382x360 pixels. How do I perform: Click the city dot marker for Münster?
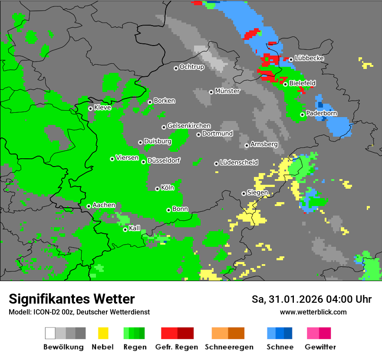click(211, 92)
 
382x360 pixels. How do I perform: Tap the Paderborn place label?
click(321, 114)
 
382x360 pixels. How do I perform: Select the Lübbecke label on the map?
click(309, 58)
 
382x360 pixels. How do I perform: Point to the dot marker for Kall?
click(125, 229)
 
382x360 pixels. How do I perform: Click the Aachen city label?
click(104, 205)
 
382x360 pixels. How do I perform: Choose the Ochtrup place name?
click(191, 67)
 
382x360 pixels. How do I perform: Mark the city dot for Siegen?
click(244, 193)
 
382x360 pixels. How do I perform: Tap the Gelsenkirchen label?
click(189, 126)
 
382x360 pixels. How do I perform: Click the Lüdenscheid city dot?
click(216, 164)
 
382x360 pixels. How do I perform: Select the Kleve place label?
click(102, 108)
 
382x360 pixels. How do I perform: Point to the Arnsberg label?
click(264, 144)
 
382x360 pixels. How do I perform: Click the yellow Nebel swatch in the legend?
click(103, 333)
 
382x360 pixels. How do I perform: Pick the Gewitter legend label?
click(320, 347)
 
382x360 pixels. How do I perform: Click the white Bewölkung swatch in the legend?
click(50, 333)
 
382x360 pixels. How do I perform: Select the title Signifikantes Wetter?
click(72, 299)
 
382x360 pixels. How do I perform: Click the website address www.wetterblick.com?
click(313, 312)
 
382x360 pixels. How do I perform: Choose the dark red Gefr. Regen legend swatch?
click(185, 333)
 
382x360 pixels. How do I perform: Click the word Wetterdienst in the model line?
click(128, 312)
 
